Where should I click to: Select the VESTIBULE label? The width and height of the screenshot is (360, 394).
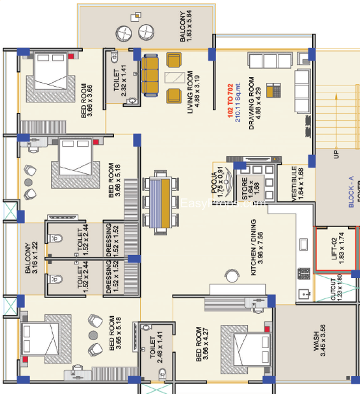point(297,184)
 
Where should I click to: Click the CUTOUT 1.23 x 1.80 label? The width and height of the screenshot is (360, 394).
point(336,291)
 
